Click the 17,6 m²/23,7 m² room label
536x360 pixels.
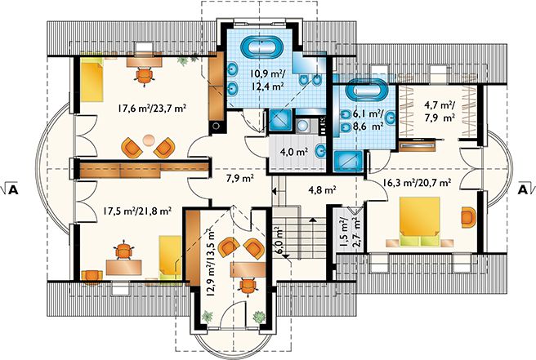[x=152, y=109]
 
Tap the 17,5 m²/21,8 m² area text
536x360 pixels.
[x=137, y=211]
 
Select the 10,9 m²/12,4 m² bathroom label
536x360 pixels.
[x=268, y=79]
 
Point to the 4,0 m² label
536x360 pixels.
[x=293, y=152]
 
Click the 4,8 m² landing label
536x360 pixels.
[x=322, y=189]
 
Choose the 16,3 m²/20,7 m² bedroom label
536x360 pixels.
[x=417, y=182]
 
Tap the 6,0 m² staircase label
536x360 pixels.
[x=279, y=240]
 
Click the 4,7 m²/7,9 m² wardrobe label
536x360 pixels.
[x=440, y=111]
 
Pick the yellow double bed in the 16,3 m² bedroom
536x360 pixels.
[x=419, y=221]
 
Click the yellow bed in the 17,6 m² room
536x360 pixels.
[x=92, y=79]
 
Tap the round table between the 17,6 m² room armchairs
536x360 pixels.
[x=149, y=140]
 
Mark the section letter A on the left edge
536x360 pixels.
[x=12, y=189]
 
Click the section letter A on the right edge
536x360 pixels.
[x=523, y=189]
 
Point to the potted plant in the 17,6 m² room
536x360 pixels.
[x=184, y=60]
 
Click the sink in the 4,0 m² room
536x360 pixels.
[x=320, y=151]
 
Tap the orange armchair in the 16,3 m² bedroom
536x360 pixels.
[x=467, y=217]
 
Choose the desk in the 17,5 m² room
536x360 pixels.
[x=123, y=267]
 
